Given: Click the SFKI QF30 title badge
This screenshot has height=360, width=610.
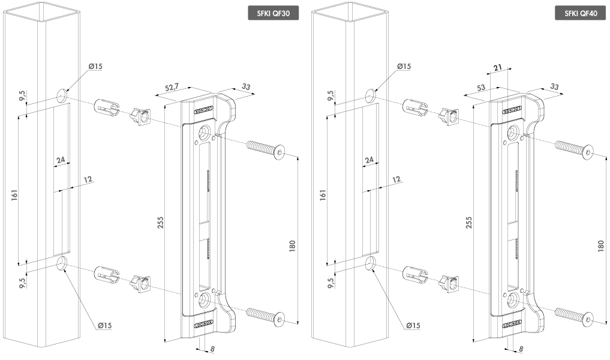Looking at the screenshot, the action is (x=273, y=14).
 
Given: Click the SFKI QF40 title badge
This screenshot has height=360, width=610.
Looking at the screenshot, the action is (x=581, y=14).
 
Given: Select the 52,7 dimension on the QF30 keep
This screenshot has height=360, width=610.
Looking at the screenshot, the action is (x=172, y=89).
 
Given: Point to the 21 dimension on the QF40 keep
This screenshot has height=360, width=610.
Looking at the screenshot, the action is (x=498, y=68).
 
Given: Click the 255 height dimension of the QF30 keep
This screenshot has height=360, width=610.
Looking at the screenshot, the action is (x=160, y=222).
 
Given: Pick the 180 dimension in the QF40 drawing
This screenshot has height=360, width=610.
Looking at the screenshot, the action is (x=600, y=245).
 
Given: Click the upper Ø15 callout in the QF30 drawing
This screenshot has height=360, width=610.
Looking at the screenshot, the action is (x=95, y=66).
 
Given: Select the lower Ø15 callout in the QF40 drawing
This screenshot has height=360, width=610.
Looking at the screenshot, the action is (x=413, y=325).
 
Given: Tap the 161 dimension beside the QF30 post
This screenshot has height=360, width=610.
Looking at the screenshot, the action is (x=14, y=194).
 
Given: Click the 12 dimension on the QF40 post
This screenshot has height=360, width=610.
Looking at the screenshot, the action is (x=396, y=179).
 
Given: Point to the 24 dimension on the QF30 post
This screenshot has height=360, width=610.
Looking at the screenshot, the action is (x=61, y=160).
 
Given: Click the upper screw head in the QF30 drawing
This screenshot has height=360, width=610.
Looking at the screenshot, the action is (x=279, y=152).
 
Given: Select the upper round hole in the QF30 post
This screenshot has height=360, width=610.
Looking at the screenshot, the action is (x=62, y=95).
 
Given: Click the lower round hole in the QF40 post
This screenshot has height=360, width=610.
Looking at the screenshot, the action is (x=371, y=263).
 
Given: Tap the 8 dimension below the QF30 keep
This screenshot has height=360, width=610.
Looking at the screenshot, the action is (x=212, y=349).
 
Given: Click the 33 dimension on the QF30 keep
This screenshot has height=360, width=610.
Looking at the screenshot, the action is (x=246, y=87).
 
